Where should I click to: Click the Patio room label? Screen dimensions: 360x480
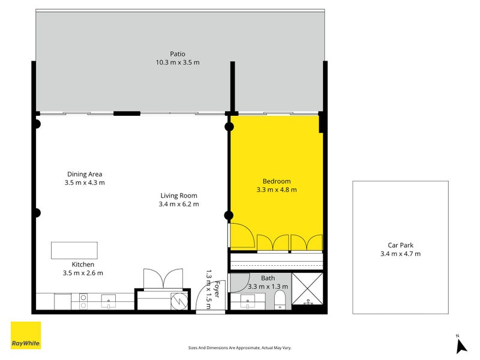click(177, 54)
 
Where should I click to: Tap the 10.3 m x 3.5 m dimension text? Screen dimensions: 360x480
click(177, 62)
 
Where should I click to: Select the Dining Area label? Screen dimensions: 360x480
click(84, 175)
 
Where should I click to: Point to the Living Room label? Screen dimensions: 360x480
click(179, 196)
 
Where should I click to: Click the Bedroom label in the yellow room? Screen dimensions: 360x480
click(277, 181)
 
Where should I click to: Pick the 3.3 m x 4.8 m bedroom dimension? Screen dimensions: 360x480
click(277, 190)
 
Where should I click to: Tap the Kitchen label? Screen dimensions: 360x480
click(83, 265)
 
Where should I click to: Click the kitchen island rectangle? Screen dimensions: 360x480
click(74, 250)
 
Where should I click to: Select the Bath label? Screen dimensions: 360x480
click(268, 278)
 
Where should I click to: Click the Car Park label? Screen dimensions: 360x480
click(400, 245)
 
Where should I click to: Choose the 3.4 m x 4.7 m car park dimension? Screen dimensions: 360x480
click(400, 253)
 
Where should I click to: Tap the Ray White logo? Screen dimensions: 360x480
click(26, 335)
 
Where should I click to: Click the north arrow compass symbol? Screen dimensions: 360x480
click(461, 345)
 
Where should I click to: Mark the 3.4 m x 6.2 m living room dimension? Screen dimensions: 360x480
click(179, 204)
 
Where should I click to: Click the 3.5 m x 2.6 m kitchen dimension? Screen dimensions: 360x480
click(83, 273)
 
